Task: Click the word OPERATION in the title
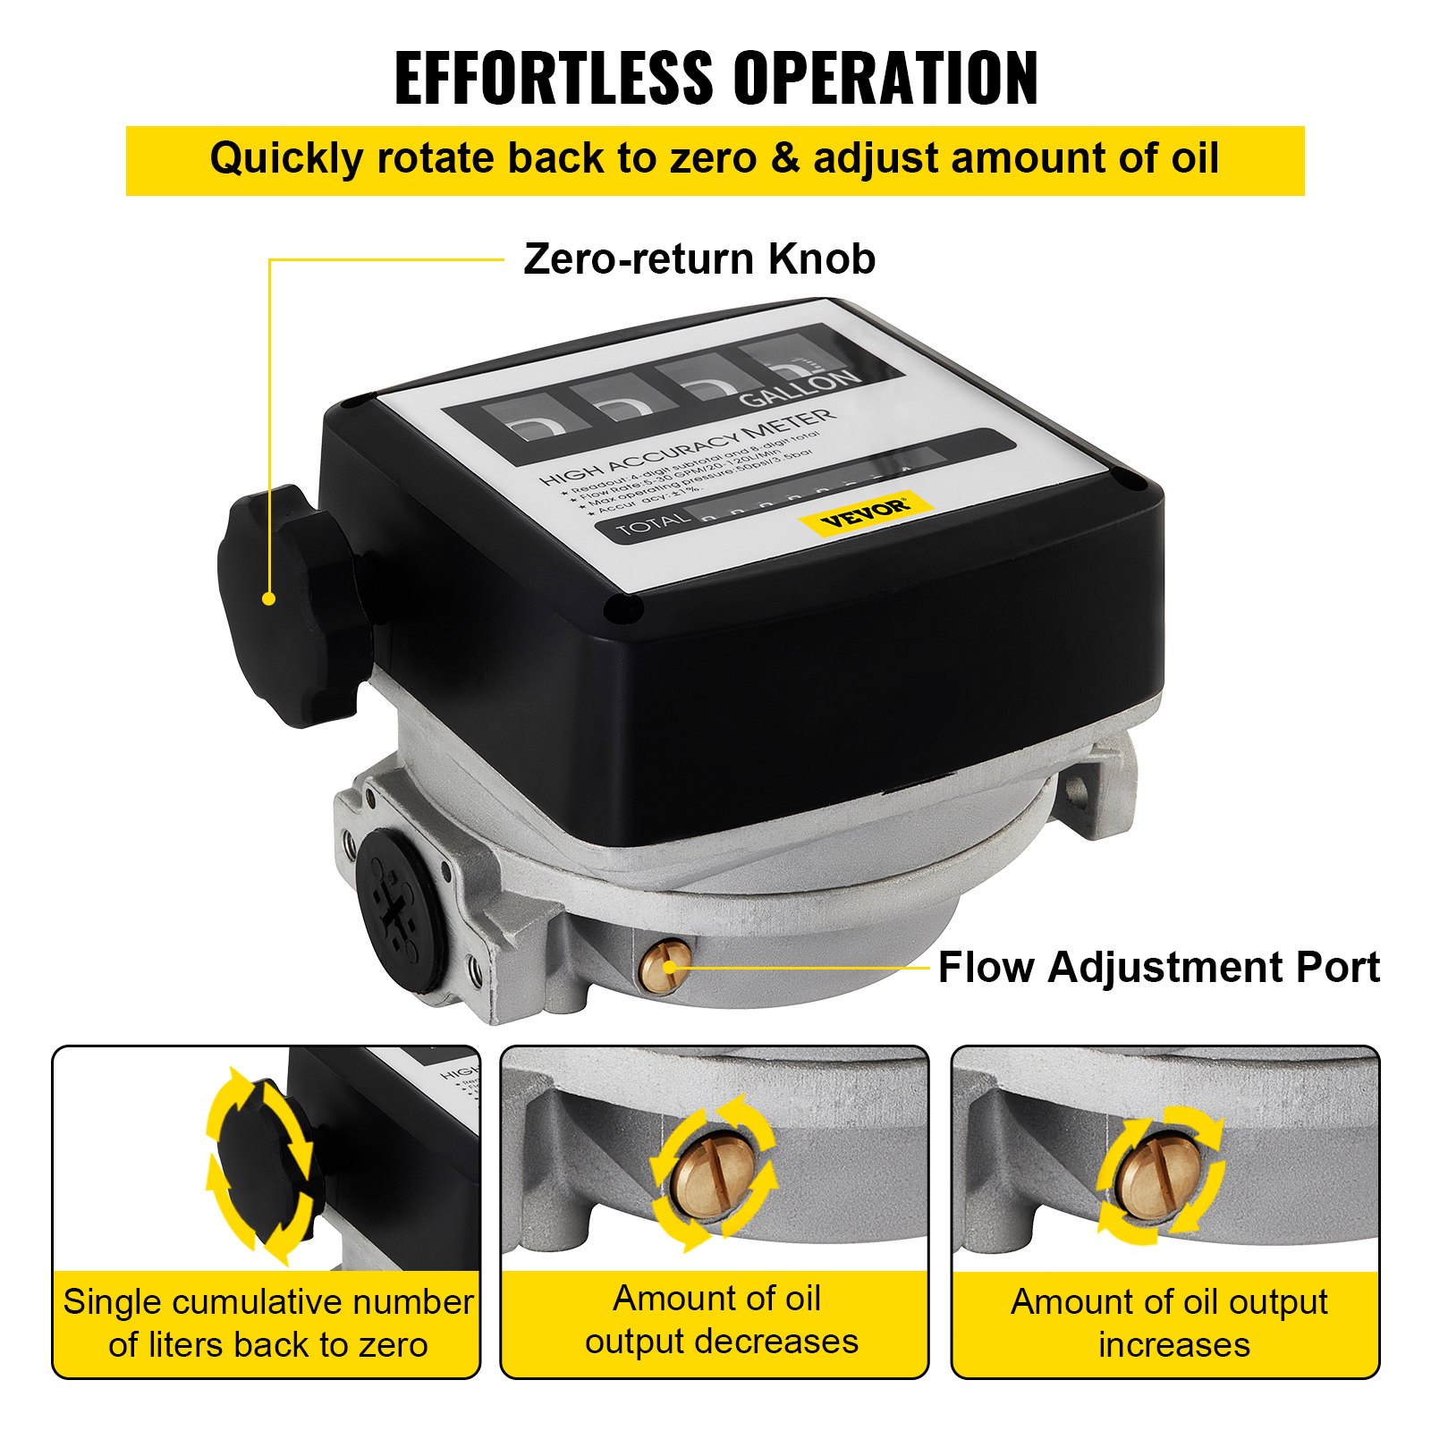(x=885, y=79)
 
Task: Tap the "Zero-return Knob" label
(x=699, y=259)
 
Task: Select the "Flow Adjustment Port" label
(x=1158, y=968)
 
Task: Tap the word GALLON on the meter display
(x=800, y=387)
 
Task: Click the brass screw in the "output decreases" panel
(x=712, y=1172)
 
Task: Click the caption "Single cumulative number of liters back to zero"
(x=267, y=1324)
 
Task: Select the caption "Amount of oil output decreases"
(x=720, y=1320)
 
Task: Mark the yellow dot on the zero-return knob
(x=268, y=598)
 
